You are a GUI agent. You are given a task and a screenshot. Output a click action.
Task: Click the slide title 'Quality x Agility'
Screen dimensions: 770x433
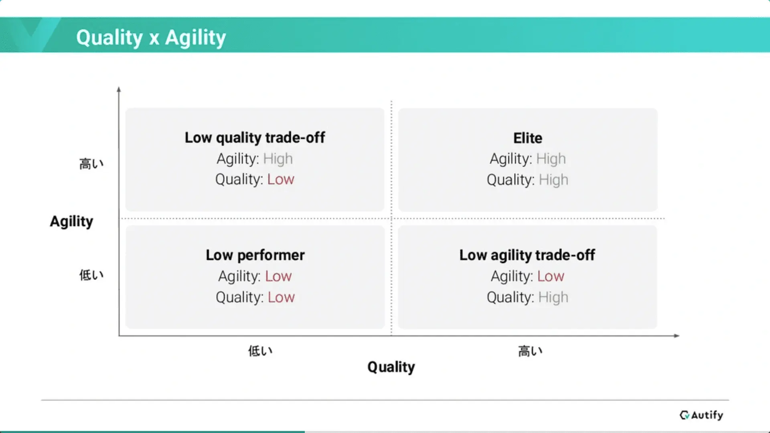click(151, 38)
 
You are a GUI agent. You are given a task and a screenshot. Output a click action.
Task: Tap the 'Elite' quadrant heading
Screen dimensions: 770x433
click(528, 138)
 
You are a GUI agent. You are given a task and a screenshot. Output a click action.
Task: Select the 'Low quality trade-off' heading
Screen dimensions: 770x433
click(255, 138)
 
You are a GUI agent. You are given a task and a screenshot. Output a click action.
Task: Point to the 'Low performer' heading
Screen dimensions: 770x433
click(255, 255)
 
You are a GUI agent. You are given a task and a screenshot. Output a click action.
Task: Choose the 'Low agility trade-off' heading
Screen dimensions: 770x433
click(527, 255)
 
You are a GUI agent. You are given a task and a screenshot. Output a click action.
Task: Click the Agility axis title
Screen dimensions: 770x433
click(71, 221)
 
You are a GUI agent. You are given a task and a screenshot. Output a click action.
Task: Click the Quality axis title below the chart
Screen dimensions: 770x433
click(391, 367)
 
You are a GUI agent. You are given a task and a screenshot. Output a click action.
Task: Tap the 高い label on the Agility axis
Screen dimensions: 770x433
click(91, 164)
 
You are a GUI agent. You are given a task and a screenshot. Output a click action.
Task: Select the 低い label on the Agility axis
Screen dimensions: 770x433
click(91, 275)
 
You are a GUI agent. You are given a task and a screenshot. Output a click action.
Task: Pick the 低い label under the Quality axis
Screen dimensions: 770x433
click(260, 351)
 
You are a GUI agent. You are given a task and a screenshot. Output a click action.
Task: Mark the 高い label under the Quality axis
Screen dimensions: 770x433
click(530, 351)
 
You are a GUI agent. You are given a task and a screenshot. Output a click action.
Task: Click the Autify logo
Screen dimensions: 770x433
click(701, 415)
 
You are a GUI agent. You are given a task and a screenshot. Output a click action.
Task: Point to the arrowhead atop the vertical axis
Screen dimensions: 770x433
click(119, 89)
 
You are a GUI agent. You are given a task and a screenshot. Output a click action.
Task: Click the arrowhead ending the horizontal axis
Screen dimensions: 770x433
click(677, 336)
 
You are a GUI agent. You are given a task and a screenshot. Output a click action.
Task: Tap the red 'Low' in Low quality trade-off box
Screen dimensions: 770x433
click(281, 179)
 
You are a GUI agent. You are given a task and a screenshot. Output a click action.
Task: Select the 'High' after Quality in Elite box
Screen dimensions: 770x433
click(553, 180)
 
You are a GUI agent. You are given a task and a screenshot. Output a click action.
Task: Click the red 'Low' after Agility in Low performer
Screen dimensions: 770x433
click(278, 276)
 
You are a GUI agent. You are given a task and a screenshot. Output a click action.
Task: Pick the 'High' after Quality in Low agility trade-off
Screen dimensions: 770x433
click(553, 297)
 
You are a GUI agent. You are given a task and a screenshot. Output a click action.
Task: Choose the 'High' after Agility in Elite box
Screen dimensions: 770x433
click(551, 159)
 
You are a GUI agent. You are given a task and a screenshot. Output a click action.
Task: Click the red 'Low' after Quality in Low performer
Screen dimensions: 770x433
click(281, 297)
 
